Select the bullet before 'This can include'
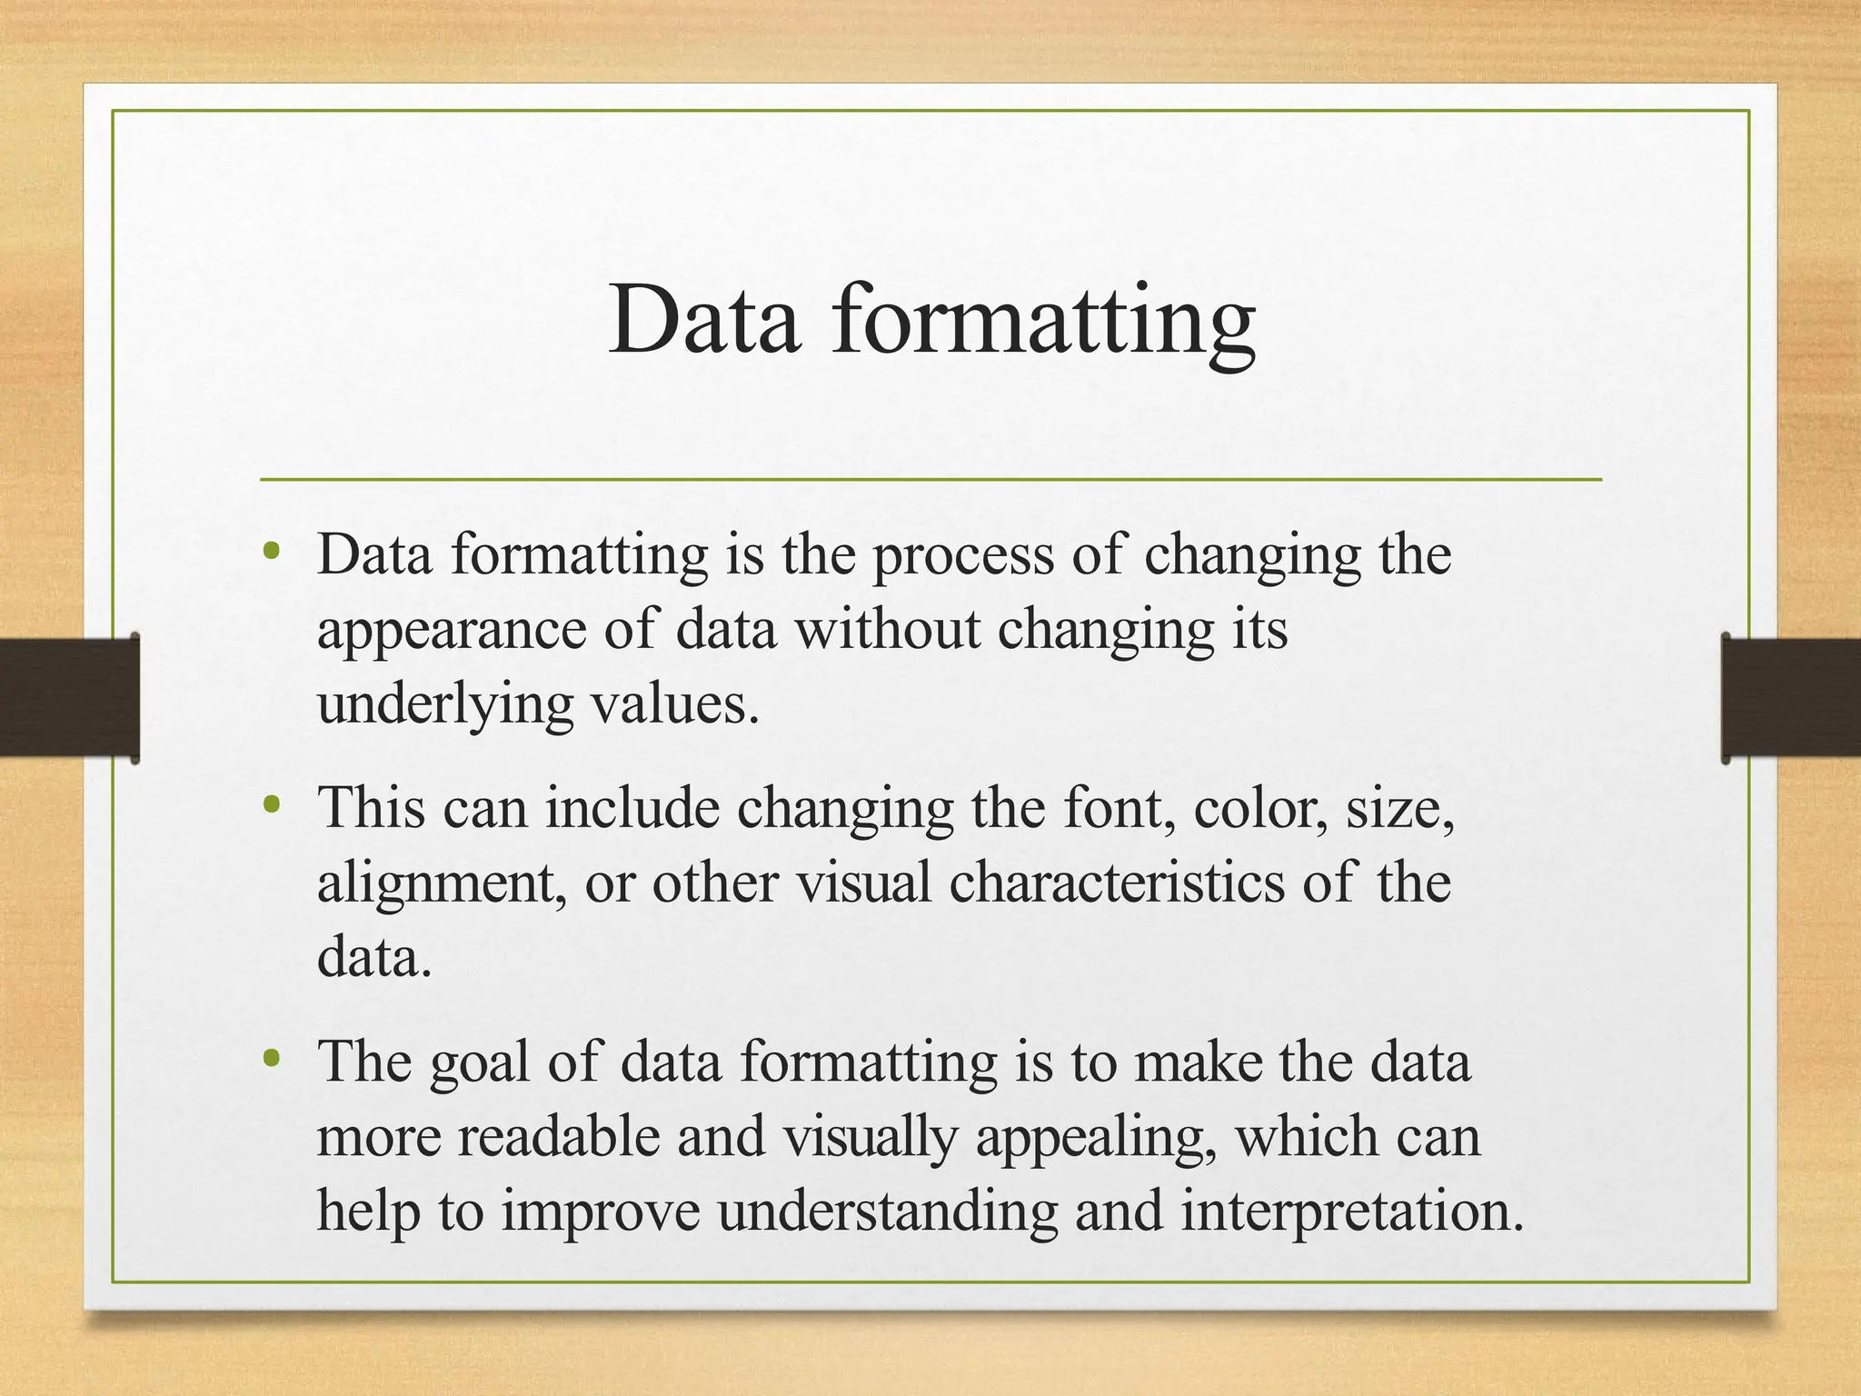[270, 803]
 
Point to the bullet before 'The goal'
[270, 1057]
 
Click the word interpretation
[1351, 1212]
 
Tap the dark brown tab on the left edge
[69, 697]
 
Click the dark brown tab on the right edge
[1791, 697]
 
